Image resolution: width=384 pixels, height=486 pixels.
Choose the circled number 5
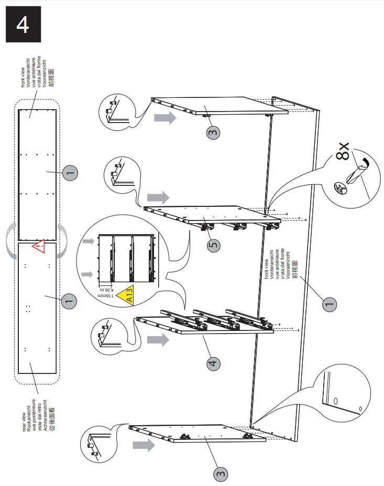(213, 245)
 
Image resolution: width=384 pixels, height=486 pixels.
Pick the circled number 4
(213, 363)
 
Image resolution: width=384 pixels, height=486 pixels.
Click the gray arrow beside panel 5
(158, 197)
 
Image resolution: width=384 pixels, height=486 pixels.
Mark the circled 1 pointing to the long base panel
(328, 304)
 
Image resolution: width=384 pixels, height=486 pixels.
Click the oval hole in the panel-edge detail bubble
(336, 401)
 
